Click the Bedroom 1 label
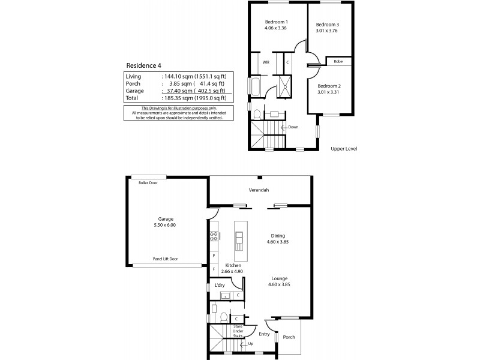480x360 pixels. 276,22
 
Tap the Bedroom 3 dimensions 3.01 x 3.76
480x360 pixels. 326,31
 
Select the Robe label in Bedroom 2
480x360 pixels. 338,62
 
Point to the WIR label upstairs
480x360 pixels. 266,62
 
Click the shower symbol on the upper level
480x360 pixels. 284,87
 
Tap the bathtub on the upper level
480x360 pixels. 256,86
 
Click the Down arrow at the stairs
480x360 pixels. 284,127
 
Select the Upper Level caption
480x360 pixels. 344,149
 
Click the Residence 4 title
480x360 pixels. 143,65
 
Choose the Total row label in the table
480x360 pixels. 131,98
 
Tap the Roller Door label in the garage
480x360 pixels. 148,183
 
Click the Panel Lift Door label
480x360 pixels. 166,259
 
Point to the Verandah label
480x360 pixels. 259,190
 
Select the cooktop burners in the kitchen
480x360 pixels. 214,236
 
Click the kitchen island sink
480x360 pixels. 239,237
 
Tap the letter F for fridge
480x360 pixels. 214,269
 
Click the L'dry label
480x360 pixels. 220,286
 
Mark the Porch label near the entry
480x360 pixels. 289,337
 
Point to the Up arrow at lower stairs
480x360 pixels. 244,345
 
